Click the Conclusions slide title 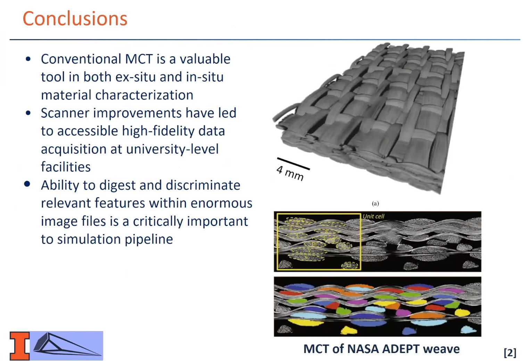coord(75,18)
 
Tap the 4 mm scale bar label coord(290,173)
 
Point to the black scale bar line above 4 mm coord(293,163)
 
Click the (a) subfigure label coord(375,203)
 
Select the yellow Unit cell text coord(373,216)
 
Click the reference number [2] coord(510,353)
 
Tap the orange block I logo coord(19,346)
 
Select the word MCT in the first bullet coord(139,59)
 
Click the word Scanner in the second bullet coord(65,113)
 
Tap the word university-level coord(172,149)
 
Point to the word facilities coord(66,167)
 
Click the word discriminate coord(203,185)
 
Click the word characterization coord(144,95)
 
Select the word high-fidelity coord(158,131)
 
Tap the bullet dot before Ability coord(27,184)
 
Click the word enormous coord(221,203)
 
